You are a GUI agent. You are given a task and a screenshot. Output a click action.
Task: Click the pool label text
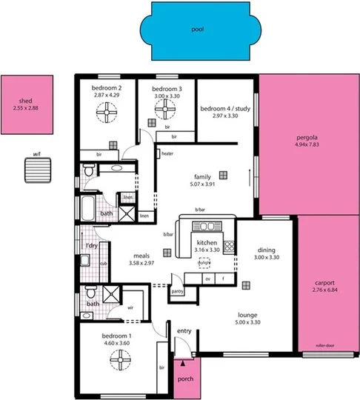[x=196, y=30]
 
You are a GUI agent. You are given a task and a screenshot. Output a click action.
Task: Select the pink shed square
[x=27, y=104]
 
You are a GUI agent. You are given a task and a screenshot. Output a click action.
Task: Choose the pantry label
[x=177, y=292]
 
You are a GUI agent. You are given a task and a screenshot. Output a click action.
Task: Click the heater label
[x=167, y=154]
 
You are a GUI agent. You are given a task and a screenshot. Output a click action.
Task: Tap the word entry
[x=184, y=330]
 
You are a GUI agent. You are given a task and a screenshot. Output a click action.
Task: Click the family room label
[x=202, y=177]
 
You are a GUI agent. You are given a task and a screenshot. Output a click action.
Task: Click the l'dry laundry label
[x=91, y=245]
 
